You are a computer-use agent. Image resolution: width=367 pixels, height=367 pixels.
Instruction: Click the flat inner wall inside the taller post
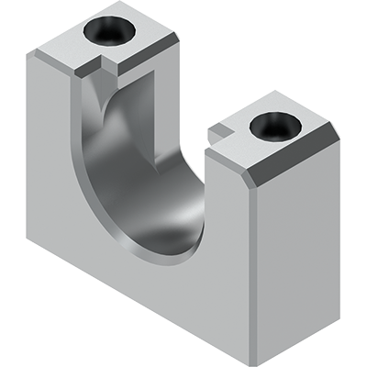138,110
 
